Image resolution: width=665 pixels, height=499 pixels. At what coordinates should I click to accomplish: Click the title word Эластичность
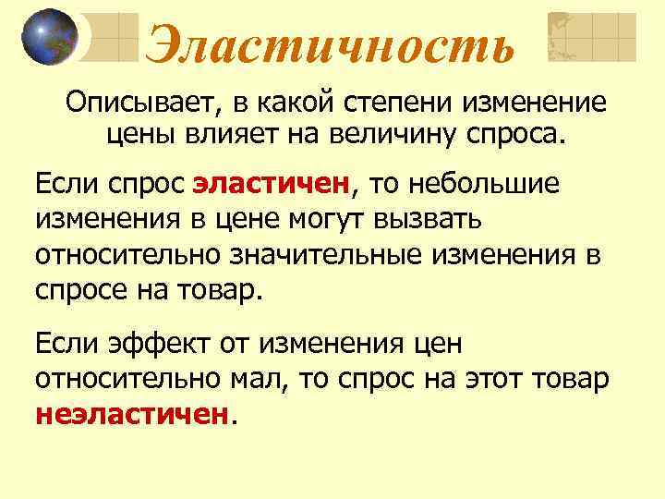click(330, 43)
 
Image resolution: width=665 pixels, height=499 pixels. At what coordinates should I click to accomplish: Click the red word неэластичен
click(131, 413)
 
